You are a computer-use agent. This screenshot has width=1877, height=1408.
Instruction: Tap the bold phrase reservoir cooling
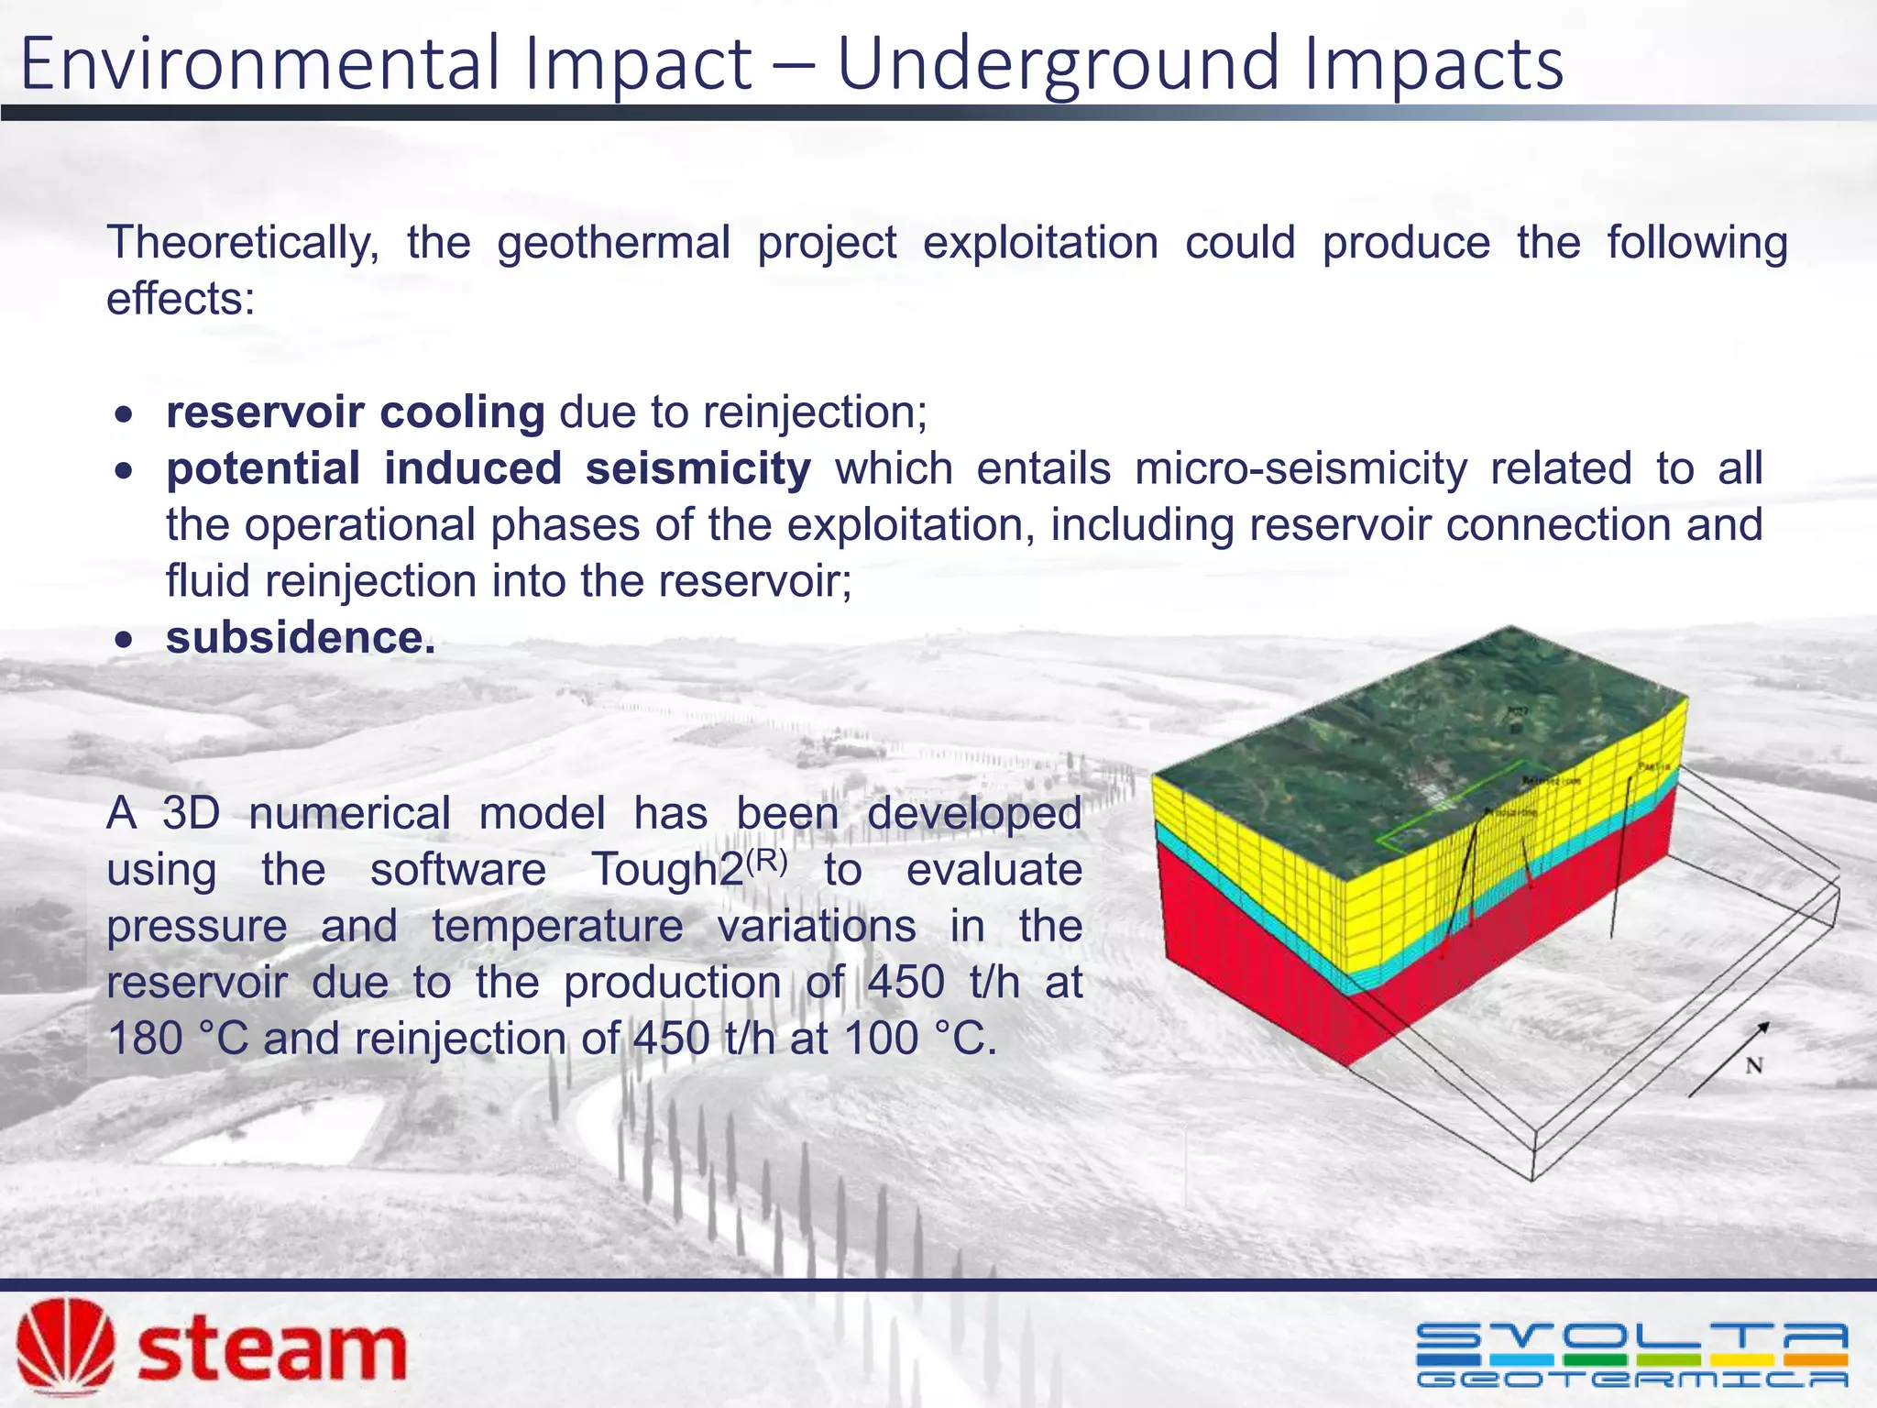(x=356, y=412)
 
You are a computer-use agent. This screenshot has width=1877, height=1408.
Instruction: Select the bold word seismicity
(x=697, y=469)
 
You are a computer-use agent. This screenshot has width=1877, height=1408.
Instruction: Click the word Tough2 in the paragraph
(x=667, y=870)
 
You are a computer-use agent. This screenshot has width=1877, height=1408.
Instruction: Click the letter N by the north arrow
(x=1753, y=1066)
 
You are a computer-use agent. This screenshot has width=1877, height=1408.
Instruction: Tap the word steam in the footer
(x=272, y=1349)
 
